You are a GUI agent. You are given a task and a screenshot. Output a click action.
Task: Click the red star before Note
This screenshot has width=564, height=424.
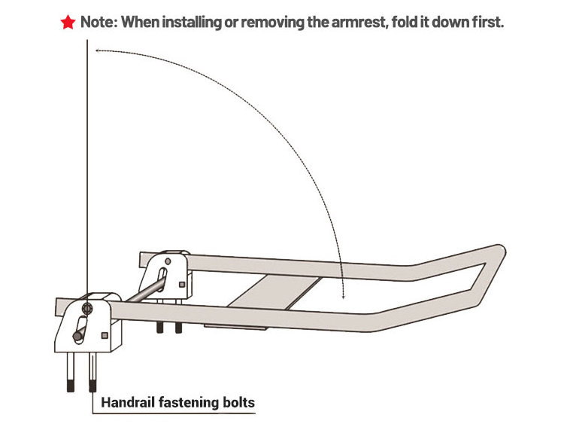pyautogui.click(x=68, y=23)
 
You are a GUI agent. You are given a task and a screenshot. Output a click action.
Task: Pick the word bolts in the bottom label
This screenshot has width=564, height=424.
pyautogui.click(x=237, y=403)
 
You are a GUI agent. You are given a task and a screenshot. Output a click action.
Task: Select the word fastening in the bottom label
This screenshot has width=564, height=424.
pyautogui.click(x=188, y=403)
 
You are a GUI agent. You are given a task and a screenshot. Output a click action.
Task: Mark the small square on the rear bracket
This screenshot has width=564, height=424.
pyautogui.click(x=183, y=283)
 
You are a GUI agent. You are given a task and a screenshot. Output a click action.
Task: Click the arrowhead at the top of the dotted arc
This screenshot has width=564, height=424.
pyautogui.click(x=98, y=51)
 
